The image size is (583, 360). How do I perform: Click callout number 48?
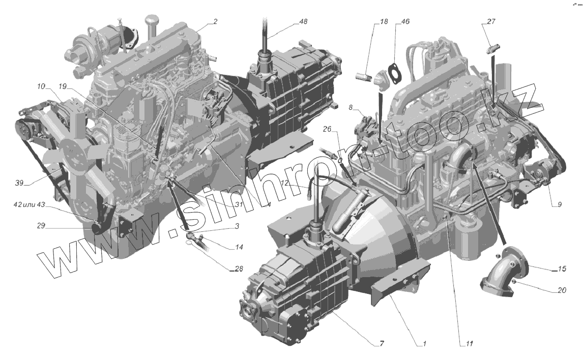303,21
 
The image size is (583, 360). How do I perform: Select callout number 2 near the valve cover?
215,21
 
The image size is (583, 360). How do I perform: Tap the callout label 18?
384,21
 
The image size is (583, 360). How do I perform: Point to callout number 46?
405,21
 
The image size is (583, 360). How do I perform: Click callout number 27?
491,21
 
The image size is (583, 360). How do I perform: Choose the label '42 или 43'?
29,205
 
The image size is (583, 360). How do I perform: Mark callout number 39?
19,183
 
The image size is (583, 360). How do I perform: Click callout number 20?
562,290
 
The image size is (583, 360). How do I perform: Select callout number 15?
562,268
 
